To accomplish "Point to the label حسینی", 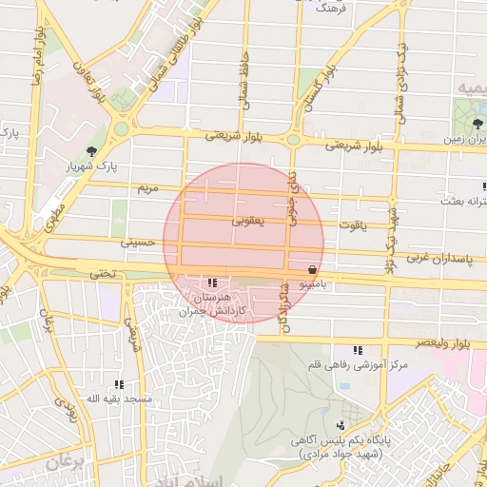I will [134, 243].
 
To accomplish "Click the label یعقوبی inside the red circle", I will [247, 221].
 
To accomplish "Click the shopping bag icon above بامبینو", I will [313, 269].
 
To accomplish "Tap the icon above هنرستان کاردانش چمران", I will [211, 282].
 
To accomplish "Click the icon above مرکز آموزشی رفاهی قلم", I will [359, 350].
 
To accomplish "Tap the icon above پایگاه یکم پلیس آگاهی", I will [341, 425].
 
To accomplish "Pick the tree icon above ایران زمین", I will [477, 123].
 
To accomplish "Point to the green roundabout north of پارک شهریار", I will [121, 128].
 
